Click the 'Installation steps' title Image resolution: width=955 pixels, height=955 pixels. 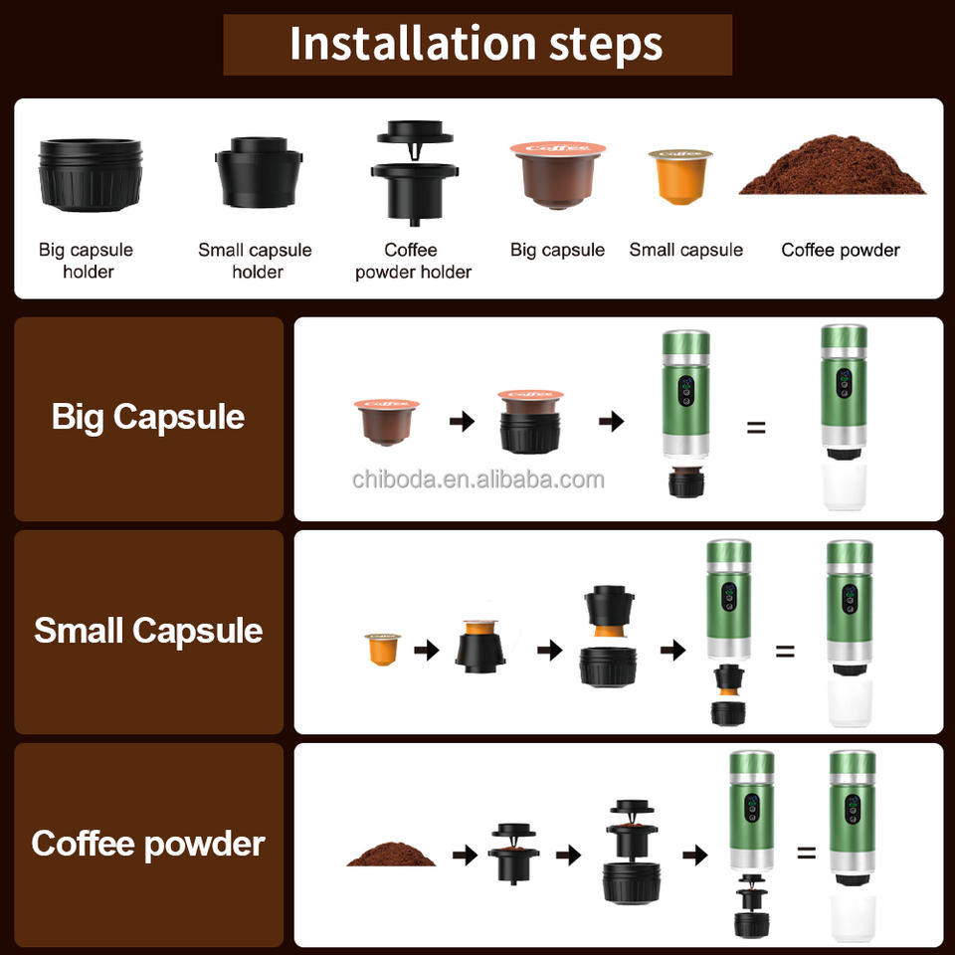[x=476, y=44]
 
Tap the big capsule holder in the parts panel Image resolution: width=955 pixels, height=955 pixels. [x=91, y=175]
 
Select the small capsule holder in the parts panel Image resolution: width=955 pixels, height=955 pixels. [x=259, y=172]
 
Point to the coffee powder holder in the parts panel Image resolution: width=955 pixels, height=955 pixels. [x=414, y=173]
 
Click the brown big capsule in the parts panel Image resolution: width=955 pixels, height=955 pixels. [x=558, y=175]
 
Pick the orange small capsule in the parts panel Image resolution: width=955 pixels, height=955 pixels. [x=680, y=177]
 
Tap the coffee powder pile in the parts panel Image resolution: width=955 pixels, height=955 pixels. [x=833, y=165]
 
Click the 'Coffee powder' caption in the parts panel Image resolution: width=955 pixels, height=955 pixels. [x=841, y=250]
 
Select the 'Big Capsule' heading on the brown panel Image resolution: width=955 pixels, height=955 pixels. [x=148, y=417]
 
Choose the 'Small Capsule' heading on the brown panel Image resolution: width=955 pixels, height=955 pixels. [x=148, y=631]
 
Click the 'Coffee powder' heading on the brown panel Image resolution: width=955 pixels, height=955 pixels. [x=148, y=845]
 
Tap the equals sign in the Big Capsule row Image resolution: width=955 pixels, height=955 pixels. [x=756, y=428]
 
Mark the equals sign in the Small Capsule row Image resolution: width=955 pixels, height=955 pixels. [x=785, y=651]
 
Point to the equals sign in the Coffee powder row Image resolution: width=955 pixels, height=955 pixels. [x=807, y=853]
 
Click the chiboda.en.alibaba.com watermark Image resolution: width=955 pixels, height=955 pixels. [x=478, y=479]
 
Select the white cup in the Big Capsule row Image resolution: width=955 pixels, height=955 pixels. [x=845, y=486]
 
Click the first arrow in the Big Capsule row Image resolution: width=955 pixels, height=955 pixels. [x=462, y=421]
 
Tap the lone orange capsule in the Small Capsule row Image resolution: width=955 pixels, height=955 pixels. [x=382, y=650]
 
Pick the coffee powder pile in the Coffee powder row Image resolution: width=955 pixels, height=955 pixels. [x=391, y=854]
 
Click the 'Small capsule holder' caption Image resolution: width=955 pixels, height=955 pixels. [x=256, y=261]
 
